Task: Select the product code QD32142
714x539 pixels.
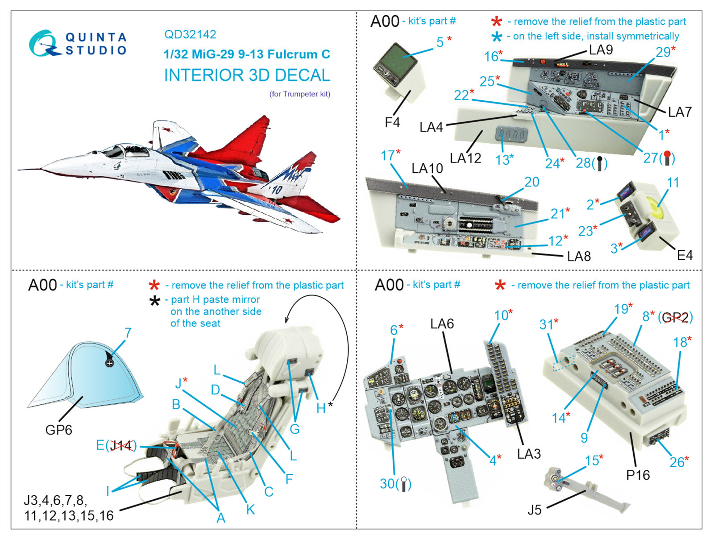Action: (190, 34)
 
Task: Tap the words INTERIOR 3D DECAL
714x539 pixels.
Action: (247, 75)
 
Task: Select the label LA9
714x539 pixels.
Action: (601, 50)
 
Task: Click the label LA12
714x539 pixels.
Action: (465, 158)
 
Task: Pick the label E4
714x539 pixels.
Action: (685, 255)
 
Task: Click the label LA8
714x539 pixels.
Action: (579, 257)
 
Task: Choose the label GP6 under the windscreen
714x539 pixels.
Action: (58, 430)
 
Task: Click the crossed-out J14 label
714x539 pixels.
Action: (121, 445)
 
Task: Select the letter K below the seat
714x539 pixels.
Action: (250, 509)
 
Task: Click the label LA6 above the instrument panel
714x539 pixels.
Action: (442, 324)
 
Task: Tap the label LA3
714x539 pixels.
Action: (529, 454)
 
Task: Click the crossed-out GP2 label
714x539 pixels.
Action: (675, 318)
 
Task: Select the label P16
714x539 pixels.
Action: (638, 475)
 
